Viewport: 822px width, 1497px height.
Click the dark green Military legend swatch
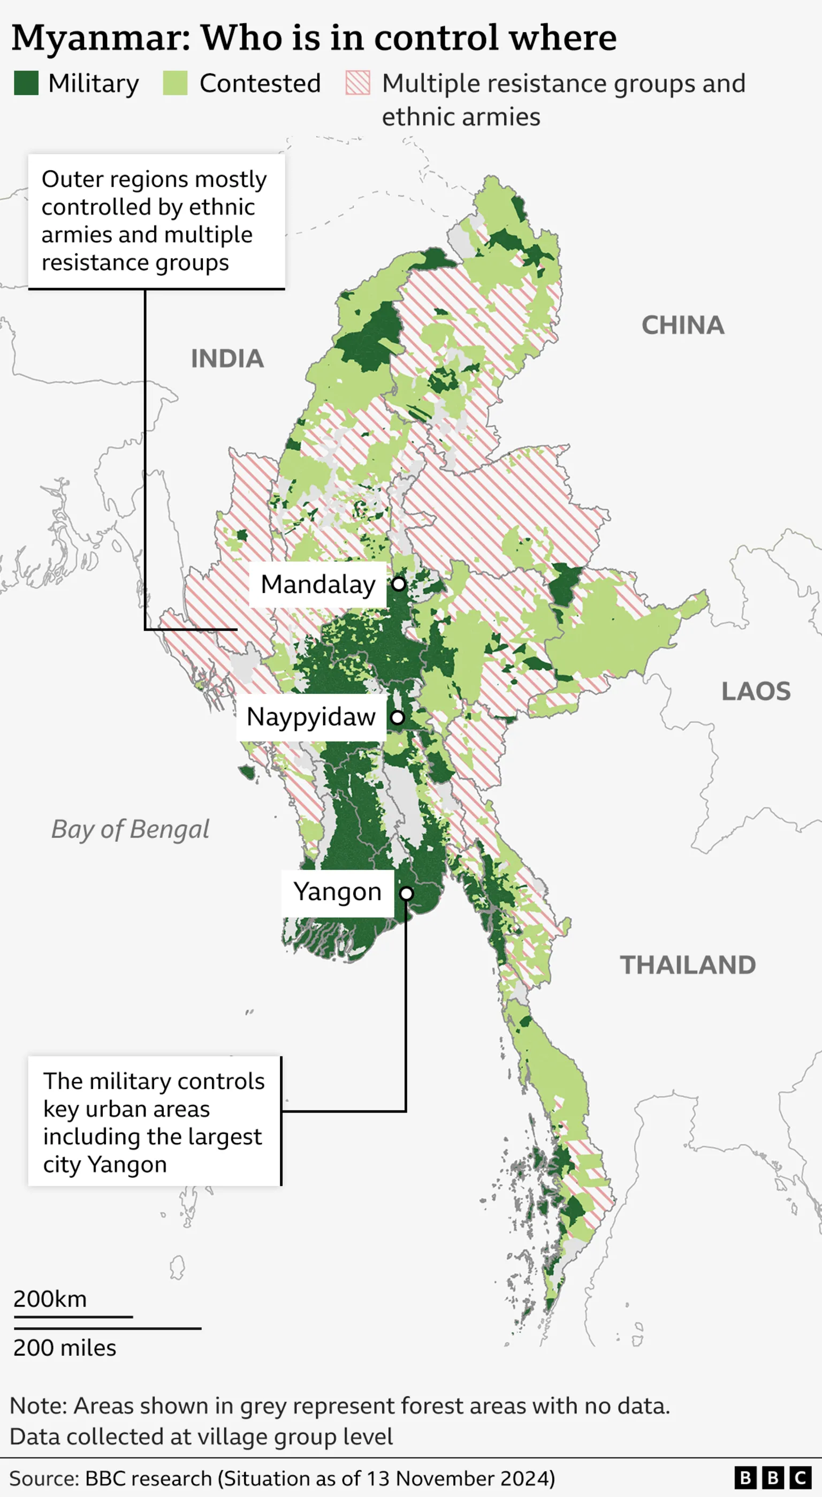(x=26, y=82)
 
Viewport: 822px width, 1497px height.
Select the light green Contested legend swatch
(x=175, y=82)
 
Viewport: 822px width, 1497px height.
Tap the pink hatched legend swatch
(x=357, y=82)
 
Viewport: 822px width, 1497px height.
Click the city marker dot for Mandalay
(x=399, y=584)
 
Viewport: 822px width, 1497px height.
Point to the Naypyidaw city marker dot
(x=397, y=717)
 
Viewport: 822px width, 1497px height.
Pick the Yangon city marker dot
(x=407, y=893)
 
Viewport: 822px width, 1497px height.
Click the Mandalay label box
(x=318, y=585)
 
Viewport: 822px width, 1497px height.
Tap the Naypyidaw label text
(x=311, y=717)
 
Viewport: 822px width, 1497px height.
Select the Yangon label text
(x=337, y=892)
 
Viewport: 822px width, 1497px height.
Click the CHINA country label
(x=682, y=326)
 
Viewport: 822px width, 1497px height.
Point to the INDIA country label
(x=227, y=359)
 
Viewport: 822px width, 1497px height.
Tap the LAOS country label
(x=756, y=692)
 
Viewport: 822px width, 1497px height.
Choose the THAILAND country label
(x=688, y=965)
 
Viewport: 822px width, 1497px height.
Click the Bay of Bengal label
(x=130, y=829)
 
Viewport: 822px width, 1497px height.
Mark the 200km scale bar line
(x=73, y=1317)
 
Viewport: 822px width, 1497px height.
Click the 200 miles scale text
(x=64, y=1348)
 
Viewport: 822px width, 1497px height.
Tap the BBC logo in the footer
(x=773, y=1477)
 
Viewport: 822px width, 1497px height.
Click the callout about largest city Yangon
(x=154, y=1122)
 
